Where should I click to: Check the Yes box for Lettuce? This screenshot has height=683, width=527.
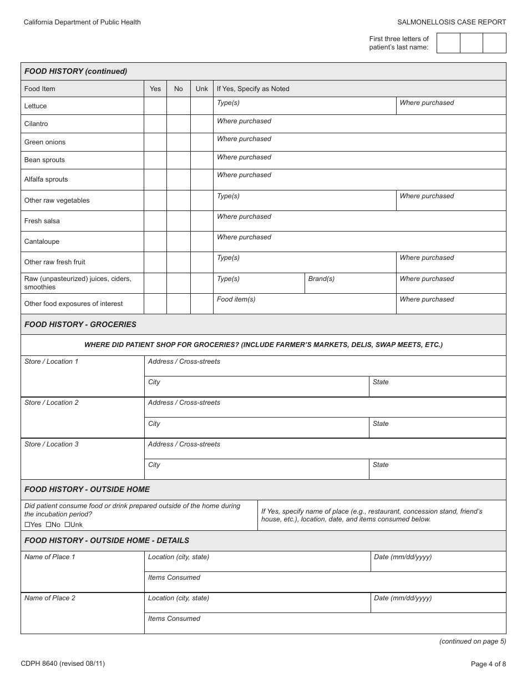click(155, 106)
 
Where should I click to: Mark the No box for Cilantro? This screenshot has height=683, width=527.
click(178, 124)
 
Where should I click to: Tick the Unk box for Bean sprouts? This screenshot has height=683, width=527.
click(201, 160)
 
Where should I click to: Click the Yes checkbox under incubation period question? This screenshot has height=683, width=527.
click(27, 525)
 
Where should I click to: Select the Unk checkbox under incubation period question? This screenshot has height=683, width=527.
click(67, 525)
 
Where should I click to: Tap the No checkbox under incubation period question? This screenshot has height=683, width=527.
click(48, 525)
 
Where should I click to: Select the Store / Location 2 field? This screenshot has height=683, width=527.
click(82, 418)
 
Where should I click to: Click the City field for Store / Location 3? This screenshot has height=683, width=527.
click(257, 469)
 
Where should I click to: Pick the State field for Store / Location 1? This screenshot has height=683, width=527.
click(437, 386)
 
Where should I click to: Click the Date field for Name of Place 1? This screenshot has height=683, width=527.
click(438, 561)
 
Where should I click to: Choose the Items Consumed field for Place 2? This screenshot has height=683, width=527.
click(325, 624)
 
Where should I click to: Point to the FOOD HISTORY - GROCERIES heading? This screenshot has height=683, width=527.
click(80, 324)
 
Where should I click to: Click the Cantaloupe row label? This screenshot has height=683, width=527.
click(42, 242)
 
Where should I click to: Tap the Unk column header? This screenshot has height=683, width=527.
click(202, 89)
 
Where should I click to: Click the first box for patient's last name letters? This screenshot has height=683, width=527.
click(448, 43)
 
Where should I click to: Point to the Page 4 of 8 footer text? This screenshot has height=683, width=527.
click(488, 664)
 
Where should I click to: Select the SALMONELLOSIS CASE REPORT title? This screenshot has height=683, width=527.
click(452, 22)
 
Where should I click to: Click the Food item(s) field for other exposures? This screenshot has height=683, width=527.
click(304, 304)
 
